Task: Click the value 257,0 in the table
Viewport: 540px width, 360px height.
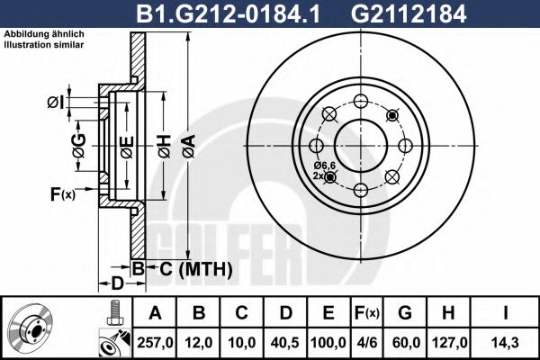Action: point(154,342)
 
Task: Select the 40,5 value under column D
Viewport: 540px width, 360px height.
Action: point(284,342)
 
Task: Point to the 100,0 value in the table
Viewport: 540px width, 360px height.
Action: point(328,342)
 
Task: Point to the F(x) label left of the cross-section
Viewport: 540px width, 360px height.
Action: point(62,193)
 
